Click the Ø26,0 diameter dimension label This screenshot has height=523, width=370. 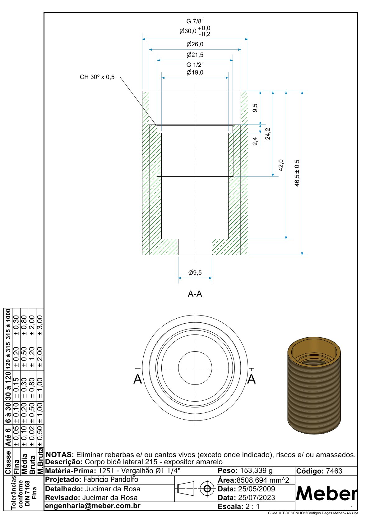click(195, 44)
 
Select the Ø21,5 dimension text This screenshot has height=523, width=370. click(195, 55)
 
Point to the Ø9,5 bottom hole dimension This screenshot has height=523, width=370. click(195, 272)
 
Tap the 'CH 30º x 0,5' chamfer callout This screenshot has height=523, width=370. click(97, 77)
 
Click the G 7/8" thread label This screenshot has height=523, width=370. click(195, 21)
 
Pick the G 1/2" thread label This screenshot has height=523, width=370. click(195, 65)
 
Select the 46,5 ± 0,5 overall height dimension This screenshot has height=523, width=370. click(297, 173)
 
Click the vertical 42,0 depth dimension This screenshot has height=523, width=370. click(281, 165)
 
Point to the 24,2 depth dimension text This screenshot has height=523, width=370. click(268, 134)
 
